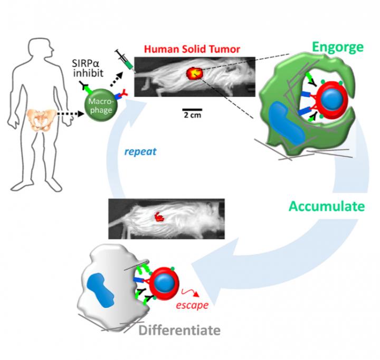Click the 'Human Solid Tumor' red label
(192, 50)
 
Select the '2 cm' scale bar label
(191, 114)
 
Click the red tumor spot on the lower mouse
(158, 216)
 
